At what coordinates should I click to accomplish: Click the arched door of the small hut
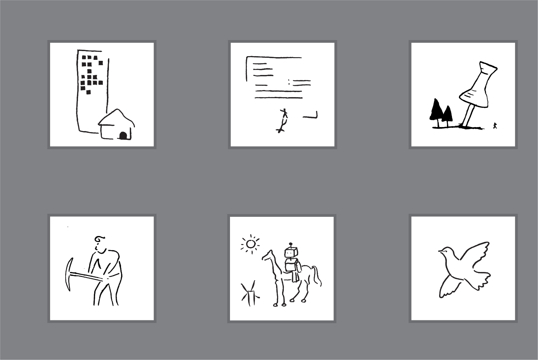(123, 135)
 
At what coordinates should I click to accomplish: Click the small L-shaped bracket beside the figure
(311, 116)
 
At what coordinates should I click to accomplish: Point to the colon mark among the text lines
(289, 82)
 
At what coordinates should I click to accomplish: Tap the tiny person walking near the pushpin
(495, 126)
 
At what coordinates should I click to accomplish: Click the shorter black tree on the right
(447, 114)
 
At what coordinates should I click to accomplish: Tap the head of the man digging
(100, 243)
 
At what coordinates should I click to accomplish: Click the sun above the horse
(251, 243)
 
